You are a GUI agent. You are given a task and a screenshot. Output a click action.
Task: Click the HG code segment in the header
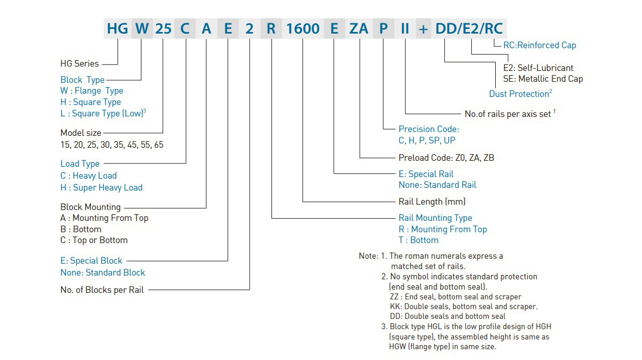coord(118,29)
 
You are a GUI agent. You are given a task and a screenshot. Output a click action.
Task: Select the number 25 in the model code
coord(164,29)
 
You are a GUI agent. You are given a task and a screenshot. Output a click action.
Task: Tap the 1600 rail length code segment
coord(302,29)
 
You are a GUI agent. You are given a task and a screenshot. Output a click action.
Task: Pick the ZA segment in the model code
coord(359,29)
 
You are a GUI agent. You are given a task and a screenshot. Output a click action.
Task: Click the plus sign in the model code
coord(423,29)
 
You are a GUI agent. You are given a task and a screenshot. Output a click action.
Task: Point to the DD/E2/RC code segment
coord(469,29)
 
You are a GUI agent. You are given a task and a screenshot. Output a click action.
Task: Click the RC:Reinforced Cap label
coord(540,45)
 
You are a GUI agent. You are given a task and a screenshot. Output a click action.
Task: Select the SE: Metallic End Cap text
coord(543,78)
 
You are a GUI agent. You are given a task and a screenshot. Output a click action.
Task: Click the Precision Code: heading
coord(429,129)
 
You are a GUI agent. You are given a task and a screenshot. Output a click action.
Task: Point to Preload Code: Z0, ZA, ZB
coord(446,158)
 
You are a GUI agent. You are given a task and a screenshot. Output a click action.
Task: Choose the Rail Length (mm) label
coord(432,201)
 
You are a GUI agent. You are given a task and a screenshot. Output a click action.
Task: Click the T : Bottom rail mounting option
coord(418,240)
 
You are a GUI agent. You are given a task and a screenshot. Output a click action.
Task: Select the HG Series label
coord(80,63)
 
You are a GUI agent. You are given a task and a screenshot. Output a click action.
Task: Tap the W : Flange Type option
coord(92,91)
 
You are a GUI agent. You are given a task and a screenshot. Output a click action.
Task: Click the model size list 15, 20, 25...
coord(112,145)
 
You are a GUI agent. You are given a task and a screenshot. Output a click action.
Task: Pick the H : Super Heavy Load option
coord(101,187)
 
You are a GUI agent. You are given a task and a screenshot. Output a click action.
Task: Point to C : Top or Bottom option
coord(94,240)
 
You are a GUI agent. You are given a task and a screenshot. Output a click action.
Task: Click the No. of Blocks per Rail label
coord(102,290)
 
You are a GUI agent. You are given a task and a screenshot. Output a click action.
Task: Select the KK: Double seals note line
coord(463,306)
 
